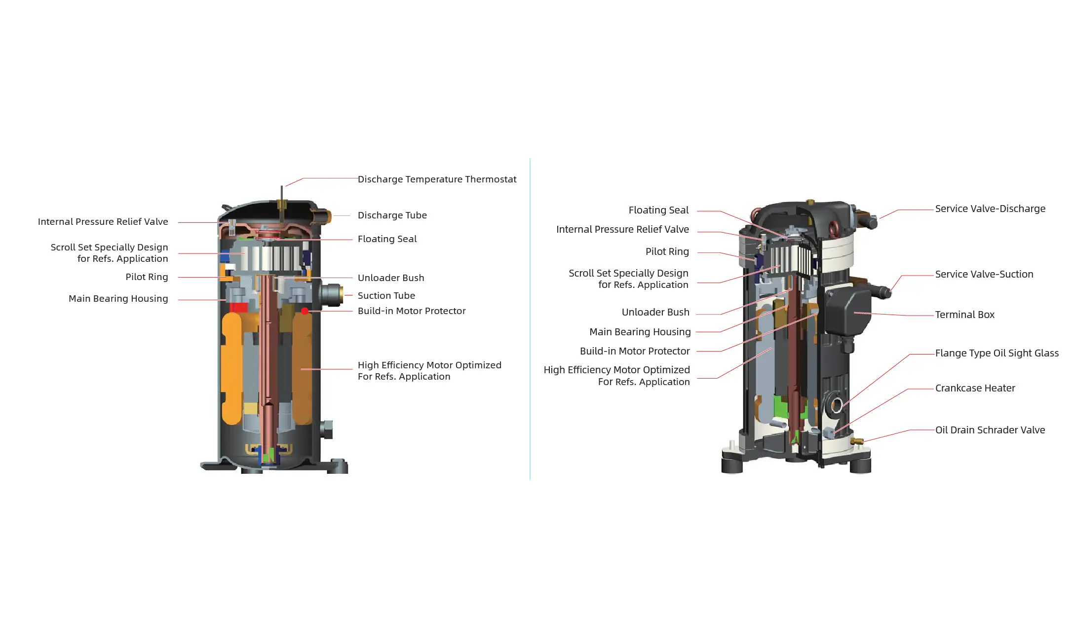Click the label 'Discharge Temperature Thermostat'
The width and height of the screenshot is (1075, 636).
coord(437,179)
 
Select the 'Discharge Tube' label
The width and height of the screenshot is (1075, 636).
coord(392,215)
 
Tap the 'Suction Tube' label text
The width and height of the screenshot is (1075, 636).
coord(386,296)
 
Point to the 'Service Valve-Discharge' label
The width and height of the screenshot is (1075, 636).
coord(990,209)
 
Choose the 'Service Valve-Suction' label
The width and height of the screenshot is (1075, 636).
coord(984,275)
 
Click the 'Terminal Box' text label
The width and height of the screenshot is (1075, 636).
coord(964,315)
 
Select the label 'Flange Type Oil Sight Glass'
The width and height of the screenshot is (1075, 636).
coord(997,353)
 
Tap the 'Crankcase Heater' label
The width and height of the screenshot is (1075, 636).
coord(975,389)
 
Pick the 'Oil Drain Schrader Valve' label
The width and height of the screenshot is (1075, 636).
coord(990,430)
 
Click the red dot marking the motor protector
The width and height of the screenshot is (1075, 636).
coord(305,311)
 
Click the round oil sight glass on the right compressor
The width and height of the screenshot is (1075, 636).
coord(836,406)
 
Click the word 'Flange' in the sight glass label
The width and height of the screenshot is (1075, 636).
coord(950,353)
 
